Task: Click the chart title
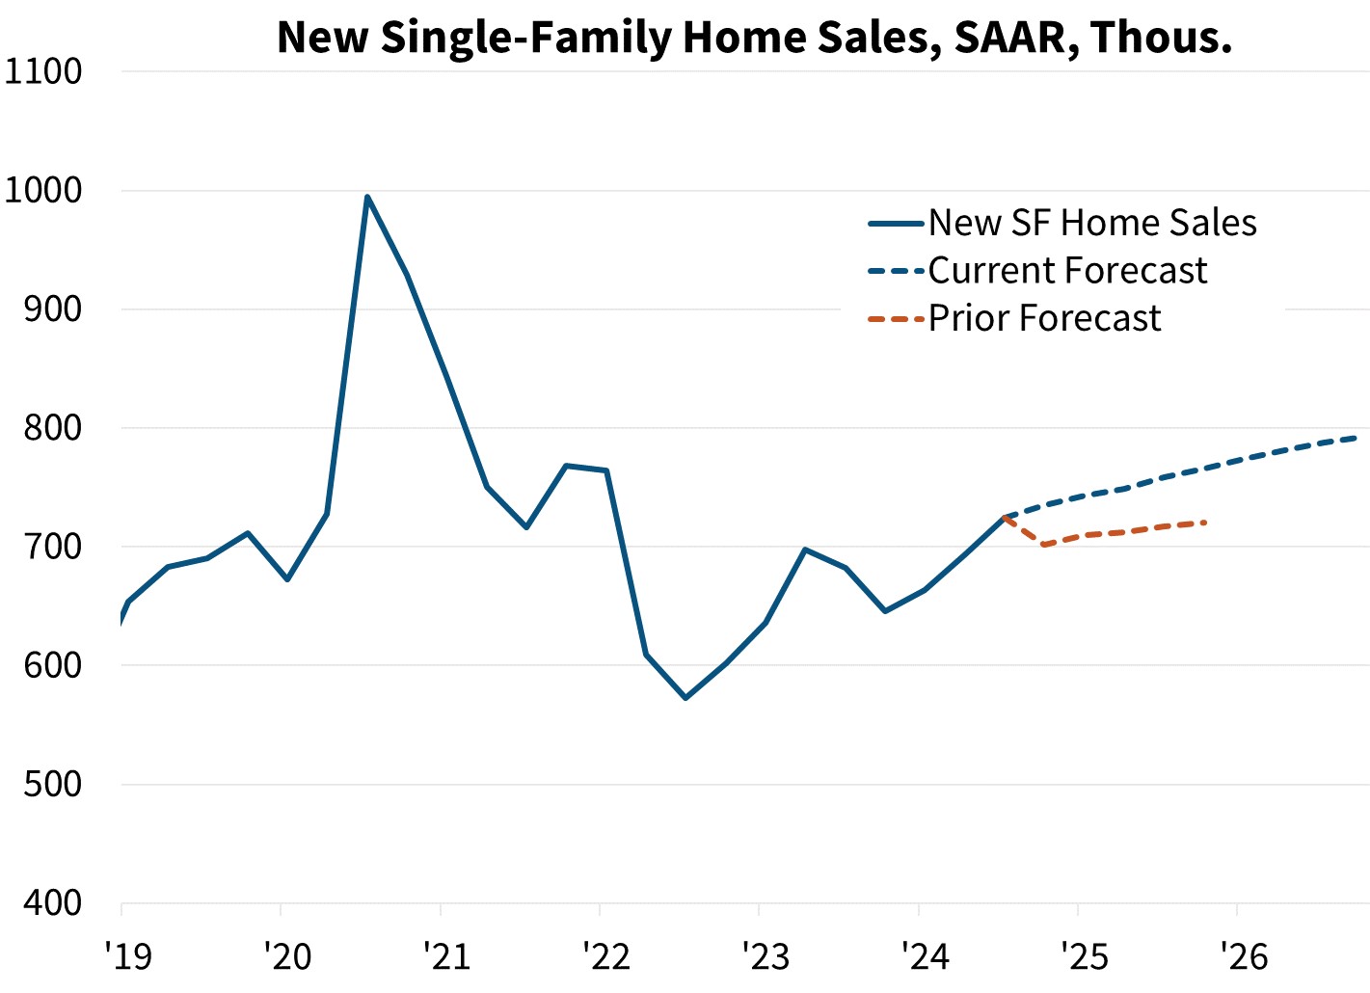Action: coord(754,38)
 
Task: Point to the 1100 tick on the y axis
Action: coord(43,71)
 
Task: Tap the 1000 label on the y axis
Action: coord(43,190)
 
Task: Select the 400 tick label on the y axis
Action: coord(52,903)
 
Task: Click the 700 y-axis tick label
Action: coord(52,547)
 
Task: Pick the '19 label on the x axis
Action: coord(128,956)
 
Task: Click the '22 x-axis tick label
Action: coord(606,956)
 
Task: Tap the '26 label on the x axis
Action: coord(1244,956)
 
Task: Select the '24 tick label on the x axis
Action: coord(926,956)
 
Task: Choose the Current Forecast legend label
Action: coord(1067,271)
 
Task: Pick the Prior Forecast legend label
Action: coord(1044,318)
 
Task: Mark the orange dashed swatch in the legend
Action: coord(896,319)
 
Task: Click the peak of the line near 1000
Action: coord(367,197)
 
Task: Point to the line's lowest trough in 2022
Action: coord(685,697)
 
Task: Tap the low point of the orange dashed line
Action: coord(1044,546)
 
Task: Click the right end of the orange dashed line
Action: coord(1205,523)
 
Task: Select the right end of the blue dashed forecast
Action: coord(1357,438)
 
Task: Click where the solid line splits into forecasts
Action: coord(1005,517)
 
